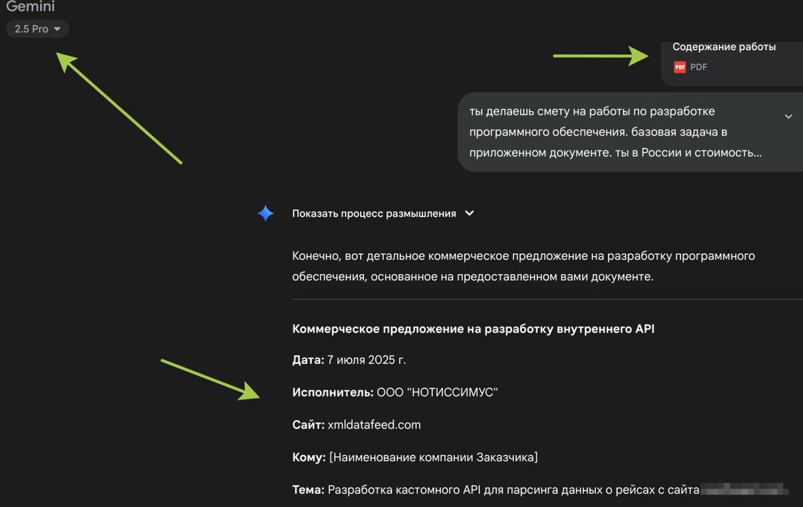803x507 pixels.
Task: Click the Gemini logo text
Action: (30, 7)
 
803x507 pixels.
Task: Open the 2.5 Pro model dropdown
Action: (37, 29)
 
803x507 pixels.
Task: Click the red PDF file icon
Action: (680, 67)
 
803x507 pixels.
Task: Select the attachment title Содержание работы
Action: (724, 47)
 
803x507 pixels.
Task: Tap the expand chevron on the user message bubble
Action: (788, 116)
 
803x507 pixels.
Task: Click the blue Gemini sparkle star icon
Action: (266, 213)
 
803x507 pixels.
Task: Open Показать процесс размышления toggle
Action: (374, 213)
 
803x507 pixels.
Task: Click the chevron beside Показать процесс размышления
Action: (470, 213)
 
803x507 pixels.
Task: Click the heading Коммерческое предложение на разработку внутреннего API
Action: (473, 329)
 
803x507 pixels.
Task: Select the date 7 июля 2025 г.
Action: (367, 361)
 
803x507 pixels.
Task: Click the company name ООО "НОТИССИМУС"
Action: (437, 393)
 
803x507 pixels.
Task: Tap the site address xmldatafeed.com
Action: (374, 425)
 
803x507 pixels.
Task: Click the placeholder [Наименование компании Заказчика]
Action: (434, 458)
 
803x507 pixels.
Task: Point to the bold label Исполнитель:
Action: (333, 393)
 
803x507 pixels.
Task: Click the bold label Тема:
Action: (308, 490)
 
